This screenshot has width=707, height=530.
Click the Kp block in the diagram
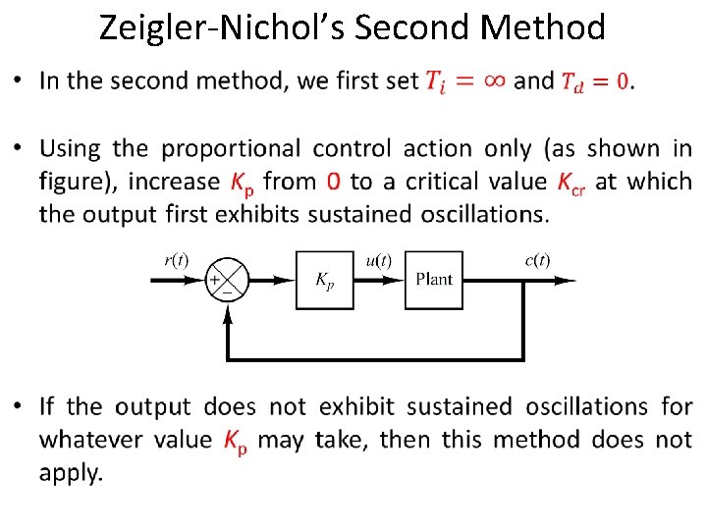pyautogui.click(x=323, y=280)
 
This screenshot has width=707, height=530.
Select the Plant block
pyautogui.click(x=434, y=280)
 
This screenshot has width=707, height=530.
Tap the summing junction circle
pyautogui.click(x=228, y=280)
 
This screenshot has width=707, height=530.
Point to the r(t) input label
pyautogui.click(x=176, y=260)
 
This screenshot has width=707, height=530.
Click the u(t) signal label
pyautogui.click(x=378, y=260)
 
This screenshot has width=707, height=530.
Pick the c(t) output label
pyautogui.click(x=537, y=260)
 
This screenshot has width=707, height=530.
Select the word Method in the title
pyautogui.click(x=546, y=27)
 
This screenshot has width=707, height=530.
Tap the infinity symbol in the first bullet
pyautogui.click(x=496, y=80)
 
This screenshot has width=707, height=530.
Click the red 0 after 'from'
pyautogui.click(x=334, y=182)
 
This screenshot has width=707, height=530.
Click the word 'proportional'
pyautogui.click(x=231, y=149)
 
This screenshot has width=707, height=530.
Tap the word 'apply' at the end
pyautogui.click(x=70, y=472)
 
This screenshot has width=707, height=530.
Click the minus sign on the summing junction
pyautogui.click(x=227, y=290)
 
